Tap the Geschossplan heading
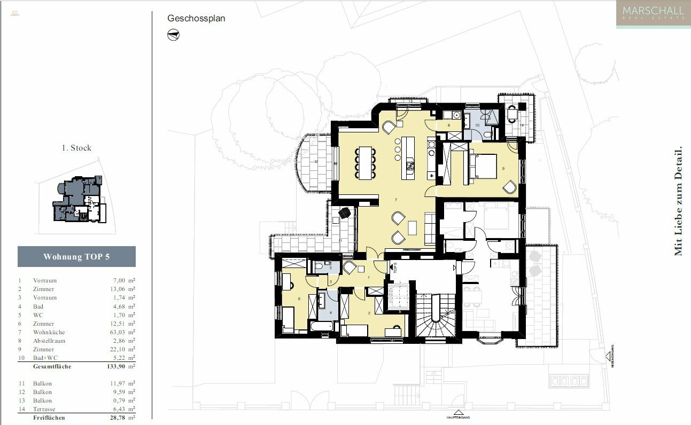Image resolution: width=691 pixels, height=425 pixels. tap(196, 18)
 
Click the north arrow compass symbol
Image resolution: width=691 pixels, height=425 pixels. tap(174, 35)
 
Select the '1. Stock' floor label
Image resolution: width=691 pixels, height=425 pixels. tap(76, 148)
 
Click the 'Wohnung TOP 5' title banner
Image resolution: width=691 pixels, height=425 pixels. tap(76, 257)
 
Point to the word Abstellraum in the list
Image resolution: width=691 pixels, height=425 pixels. tap(49, 341)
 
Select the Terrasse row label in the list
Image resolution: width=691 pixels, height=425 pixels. tap(44, 409)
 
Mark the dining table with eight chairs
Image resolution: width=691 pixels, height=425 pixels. tap(366, 163)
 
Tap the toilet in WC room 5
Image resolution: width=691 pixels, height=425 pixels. tap(319, 265)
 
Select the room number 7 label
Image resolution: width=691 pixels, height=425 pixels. tap(395, 200)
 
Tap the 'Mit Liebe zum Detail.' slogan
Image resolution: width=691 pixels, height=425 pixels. tap(678, 200)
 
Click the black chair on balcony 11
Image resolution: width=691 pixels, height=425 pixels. tap(345, 212)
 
